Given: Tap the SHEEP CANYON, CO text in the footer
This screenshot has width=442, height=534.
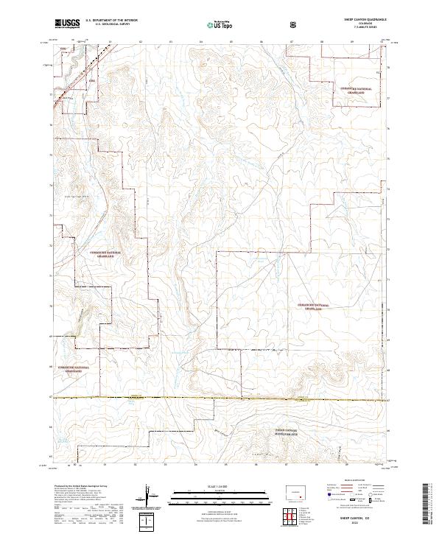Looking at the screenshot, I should coord(364,518).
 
